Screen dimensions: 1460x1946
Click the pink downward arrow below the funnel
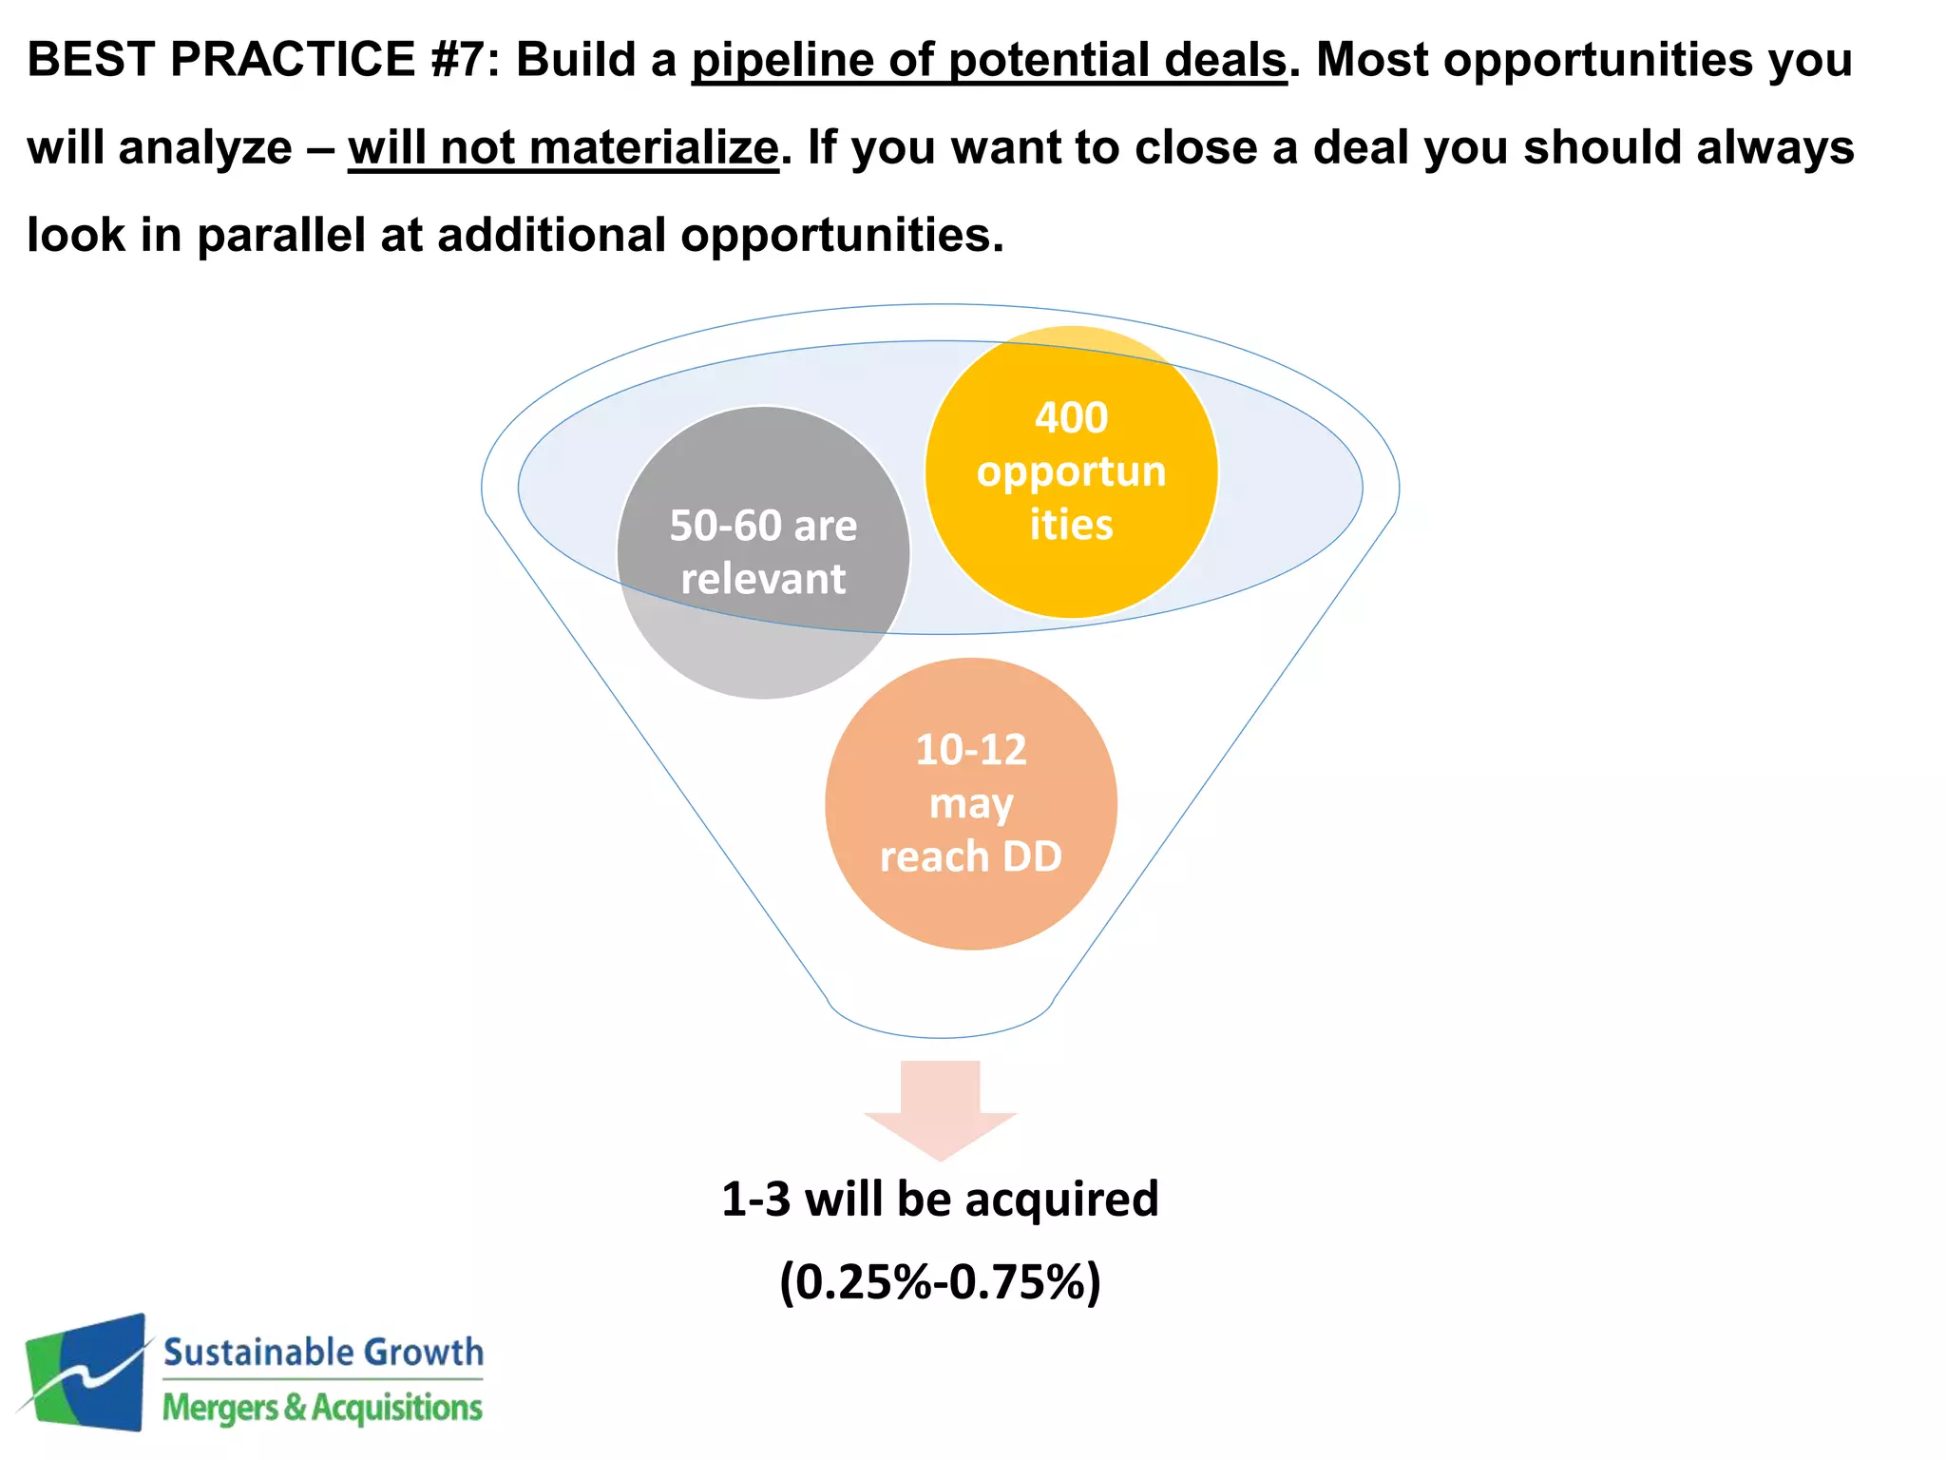(x=941, y=1107)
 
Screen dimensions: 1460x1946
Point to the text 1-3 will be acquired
(x=940, y=1199)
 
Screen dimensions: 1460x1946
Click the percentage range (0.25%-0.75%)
(x=940, y=1281)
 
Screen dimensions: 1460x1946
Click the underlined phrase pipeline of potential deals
(x=988, y=60)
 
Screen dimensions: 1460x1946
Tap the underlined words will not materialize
(x=563, y=148)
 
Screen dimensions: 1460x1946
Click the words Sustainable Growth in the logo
(x=323, y=1352)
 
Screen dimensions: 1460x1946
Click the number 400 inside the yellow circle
(x=1071, y=418)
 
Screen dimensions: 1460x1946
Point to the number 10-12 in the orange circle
(x=971, y=750)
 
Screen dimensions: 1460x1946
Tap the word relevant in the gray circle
(x=763, y=579)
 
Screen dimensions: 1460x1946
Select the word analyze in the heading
(x=205, y=148)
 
